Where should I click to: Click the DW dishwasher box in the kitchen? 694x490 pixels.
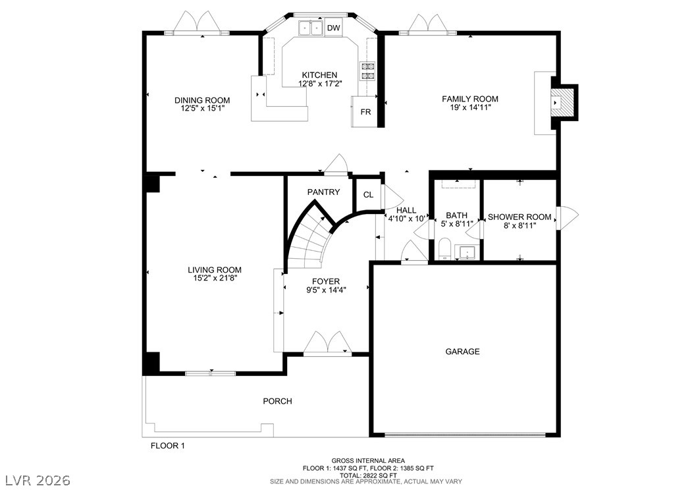click(334, 28)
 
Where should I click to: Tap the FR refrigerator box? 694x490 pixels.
click(365, 111)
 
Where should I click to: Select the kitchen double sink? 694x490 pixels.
click(311, 28)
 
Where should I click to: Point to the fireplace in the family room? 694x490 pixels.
click(564, 103)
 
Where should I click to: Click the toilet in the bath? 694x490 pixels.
click(444, 249)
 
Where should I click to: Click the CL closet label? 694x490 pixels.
click(368, 195)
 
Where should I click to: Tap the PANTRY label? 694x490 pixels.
click(323, 192)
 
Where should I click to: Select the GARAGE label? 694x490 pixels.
click(462, 352)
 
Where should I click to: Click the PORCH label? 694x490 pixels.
click(277, 401)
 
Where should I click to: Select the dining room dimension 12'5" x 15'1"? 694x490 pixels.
click(203, 108)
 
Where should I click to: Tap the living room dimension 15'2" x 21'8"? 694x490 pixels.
click(215, 278)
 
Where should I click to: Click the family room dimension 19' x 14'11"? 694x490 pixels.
click(470, 107)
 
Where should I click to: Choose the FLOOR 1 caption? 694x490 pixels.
click(168, 446)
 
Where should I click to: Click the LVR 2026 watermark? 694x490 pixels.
click(38, 480)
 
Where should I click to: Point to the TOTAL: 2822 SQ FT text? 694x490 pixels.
click(368, 475)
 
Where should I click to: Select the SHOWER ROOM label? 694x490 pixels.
click(520, 217)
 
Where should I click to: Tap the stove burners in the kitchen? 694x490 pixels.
click(368, 71)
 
